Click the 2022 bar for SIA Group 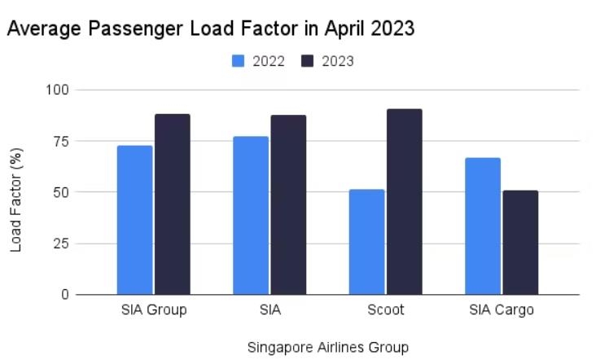(x=134, y=220)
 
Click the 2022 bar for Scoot (x=366, y=242)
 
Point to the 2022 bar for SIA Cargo (x=483, y=226)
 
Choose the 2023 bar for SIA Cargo (x=520, y=242)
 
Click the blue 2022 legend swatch (x=239, y=61)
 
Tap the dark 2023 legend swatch (x=308, y=61)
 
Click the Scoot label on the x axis (x=385, y=310)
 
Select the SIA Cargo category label (x=502, y=310)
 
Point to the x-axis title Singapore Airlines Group (x=327, y=348)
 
